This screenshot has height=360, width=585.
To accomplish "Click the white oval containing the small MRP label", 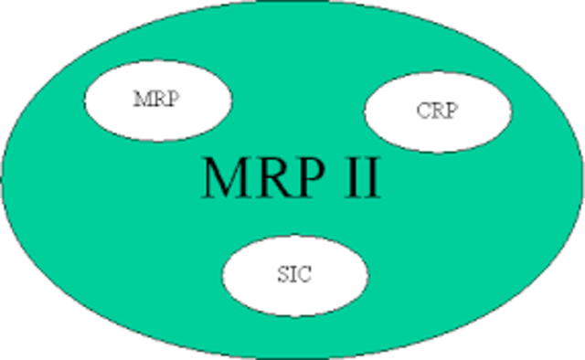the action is pyautogui.click(x=157, y=99).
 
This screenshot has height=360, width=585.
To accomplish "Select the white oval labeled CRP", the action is pyautogui.click(x=438, y=111).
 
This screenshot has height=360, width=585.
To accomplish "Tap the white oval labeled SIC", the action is pyautogui.click(x=295, y=275).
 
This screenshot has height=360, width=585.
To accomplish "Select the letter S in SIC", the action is pyautogui.click(x=282, y=275).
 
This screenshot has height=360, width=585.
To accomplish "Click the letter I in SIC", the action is pyautogui.click(x=292, y=275).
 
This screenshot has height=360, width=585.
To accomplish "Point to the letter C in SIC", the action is pyautogui.click(x=303, y=275).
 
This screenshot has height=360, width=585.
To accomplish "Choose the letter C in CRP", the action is pyautogui.click(x=423, y=111).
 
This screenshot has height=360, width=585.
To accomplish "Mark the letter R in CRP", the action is pyautogui.click(x=437, y=111).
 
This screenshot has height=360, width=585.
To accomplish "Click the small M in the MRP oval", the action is pyautogui.click(x=141, y=99).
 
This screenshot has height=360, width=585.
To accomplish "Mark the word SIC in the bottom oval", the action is pyautogui.click(x=292, y=275).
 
